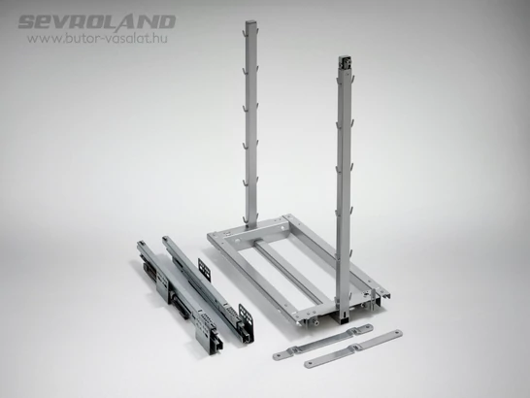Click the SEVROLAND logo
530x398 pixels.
(x=97, y=22)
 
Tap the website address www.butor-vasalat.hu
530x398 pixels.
(x=97, y=38)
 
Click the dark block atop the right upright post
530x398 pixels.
(x=344, y=63)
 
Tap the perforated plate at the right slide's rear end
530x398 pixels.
(x=204, y=270)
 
